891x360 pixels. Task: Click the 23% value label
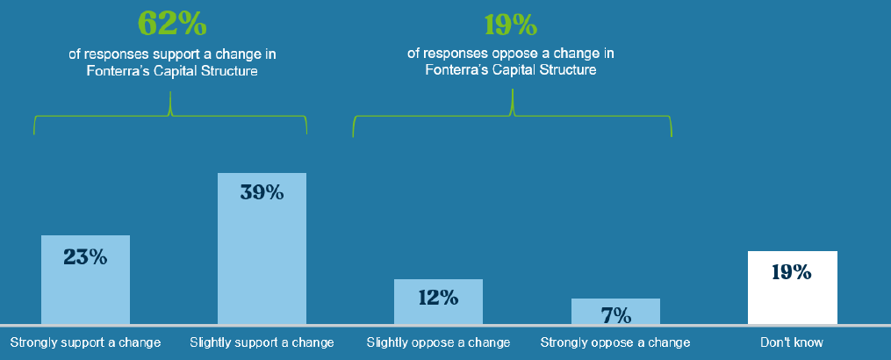click(x=85, y=257)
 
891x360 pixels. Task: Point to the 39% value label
click(x=262, y=192)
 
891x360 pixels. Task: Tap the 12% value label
click(x=438, y=298)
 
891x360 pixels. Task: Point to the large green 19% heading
click(x=511, y=24)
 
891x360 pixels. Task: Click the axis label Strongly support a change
click(x=85, y=342)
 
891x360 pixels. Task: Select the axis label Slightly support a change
click(x=262, y=342)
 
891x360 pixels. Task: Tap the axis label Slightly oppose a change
click(x=438, y=342)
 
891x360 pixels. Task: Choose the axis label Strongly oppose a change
click(x=615, y=342)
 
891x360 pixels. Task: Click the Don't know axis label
click(x=792, y=342)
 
